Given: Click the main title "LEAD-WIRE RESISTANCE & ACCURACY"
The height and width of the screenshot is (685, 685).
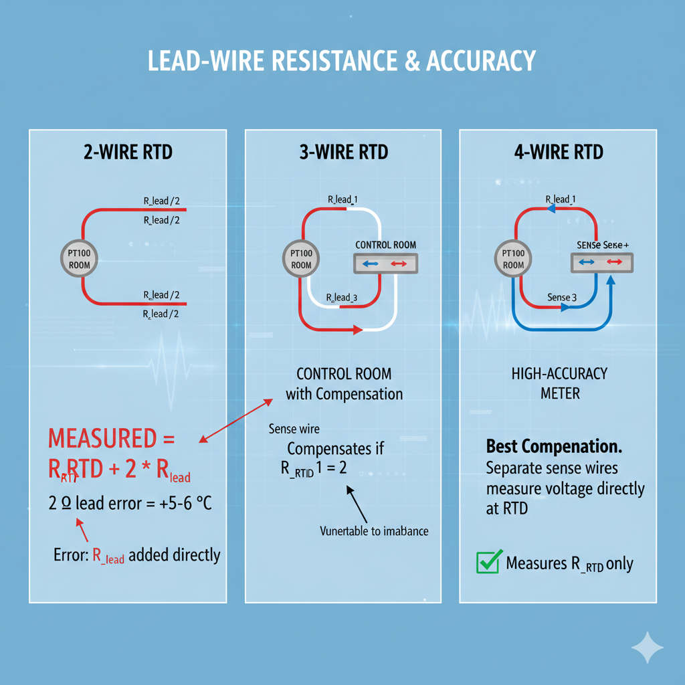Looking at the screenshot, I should click(x=342, y=60).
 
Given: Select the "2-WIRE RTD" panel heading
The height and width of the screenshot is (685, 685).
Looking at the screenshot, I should click(x=127, y=152).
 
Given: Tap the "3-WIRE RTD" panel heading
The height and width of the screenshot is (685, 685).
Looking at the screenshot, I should click(x=343, y=152).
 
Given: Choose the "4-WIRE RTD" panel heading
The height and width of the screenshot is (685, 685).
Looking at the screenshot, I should click(x=559, y=152).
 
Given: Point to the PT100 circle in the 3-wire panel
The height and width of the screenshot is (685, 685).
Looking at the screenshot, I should click(x=301, y=259).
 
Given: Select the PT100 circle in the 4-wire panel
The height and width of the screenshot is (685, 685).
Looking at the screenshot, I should click(x=513, y=259).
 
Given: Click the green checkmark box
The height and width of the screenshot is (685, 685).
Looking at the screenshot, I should click(x=488, y=562).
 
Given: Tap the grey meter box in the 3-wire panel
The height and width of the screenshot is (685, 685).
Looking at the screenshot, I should click(x=385, y=264).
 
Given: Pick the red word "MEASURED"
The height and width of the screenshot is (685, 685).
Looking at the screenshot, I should click(x=102, y=439).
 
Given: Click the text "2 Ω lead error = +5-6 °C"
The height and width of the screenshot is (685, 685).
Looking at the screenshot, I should click(x=130, y=504).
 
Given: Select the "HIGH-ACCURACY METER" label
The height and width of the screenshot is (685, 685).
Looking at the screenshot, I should click(x=560, y=383).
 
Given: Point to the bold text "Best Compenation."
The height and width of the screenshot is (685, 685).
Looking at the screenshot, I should click(x=553, y=446).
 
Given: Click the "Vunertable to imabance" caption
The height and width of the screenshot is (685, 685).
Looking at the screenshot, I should click(x=373, y=531).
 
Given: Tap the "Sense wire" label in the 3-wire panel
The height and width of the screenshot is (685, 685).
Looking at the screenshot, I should click(x=294, y=429).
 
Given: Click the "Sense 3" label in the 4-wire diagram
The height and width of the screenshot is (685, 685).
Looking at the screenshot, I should click(x=558, y=297).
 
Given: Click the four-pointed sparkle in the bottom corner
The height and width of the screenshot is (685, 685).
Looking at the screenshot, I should click(x=648, y=647).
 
